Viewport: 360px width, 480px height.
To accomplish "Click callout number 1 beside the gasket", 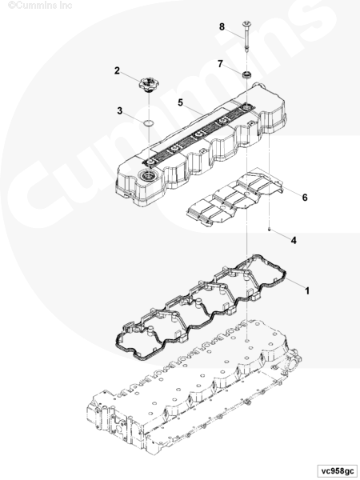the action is pyautogui.click(x=307, y=290).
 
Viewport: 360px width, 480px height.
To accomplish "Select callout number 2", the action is pyautogui.click(x=117, y=70).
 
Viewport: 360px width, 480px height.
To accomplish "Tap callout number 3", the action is pyautogui.click(x=120, y=110).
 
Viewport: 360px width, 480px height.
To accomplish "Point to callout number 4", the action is pyautogui.click(x=294, y=240).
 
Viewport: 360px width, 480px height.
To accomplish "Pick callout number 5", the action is pyautogui.click(x=180, y=102).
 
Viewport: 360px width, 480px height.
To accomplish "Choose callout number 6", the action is pyautogui.click(x=305, y=198).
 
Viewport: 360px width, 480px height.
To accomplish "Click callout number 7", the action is pyautogui.click(x=220, y=64).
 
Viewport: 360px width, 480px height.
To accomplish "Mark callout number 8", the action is pyautogui.click(x=222, y=26).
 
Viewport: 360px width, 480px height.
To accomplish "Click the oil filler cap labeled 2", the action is pyautogui.click(x=148, y=84).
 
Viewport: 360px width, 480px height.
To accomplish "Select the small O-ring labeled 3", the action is pyautogui.click(x=148, y=123).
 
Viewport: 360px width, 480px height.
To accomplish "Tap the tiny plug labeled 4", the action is pyautogui.click(x=269, y=229).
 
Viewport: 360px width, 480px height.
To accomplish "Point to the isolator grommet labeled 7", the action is pyautogui.click(x=246, y=74).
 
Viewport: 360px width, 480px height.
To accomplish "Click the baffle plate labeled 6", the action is pyautogui.click(x=234, y=199).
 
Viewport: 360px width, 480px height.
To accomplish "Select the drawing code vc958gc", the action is pyautogui.click(x=337, y=471).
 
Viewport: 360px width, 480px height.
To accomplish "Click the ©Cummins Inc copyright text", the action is pyautogui.click(x=40, y=6).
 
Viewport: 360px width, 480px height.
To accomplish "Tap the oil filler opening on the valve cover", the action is pyautogui.click(x=148, y=175).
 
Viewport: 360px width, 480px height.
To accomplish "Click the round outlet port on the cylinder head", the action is pyautogui.click(x=291, y=364).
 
